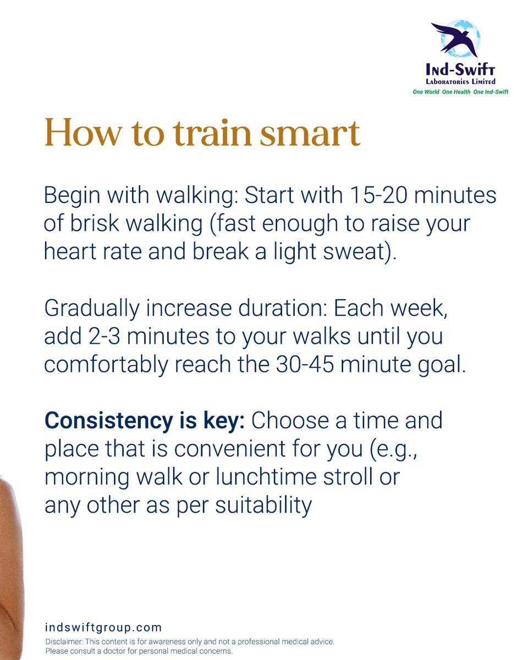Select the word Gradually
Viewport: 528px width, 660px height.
click(91, 309)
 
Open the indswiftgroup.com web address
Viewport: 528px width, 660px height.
click(103, 627)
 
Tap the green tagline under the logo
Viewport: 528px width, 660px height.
click(460, 92)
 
